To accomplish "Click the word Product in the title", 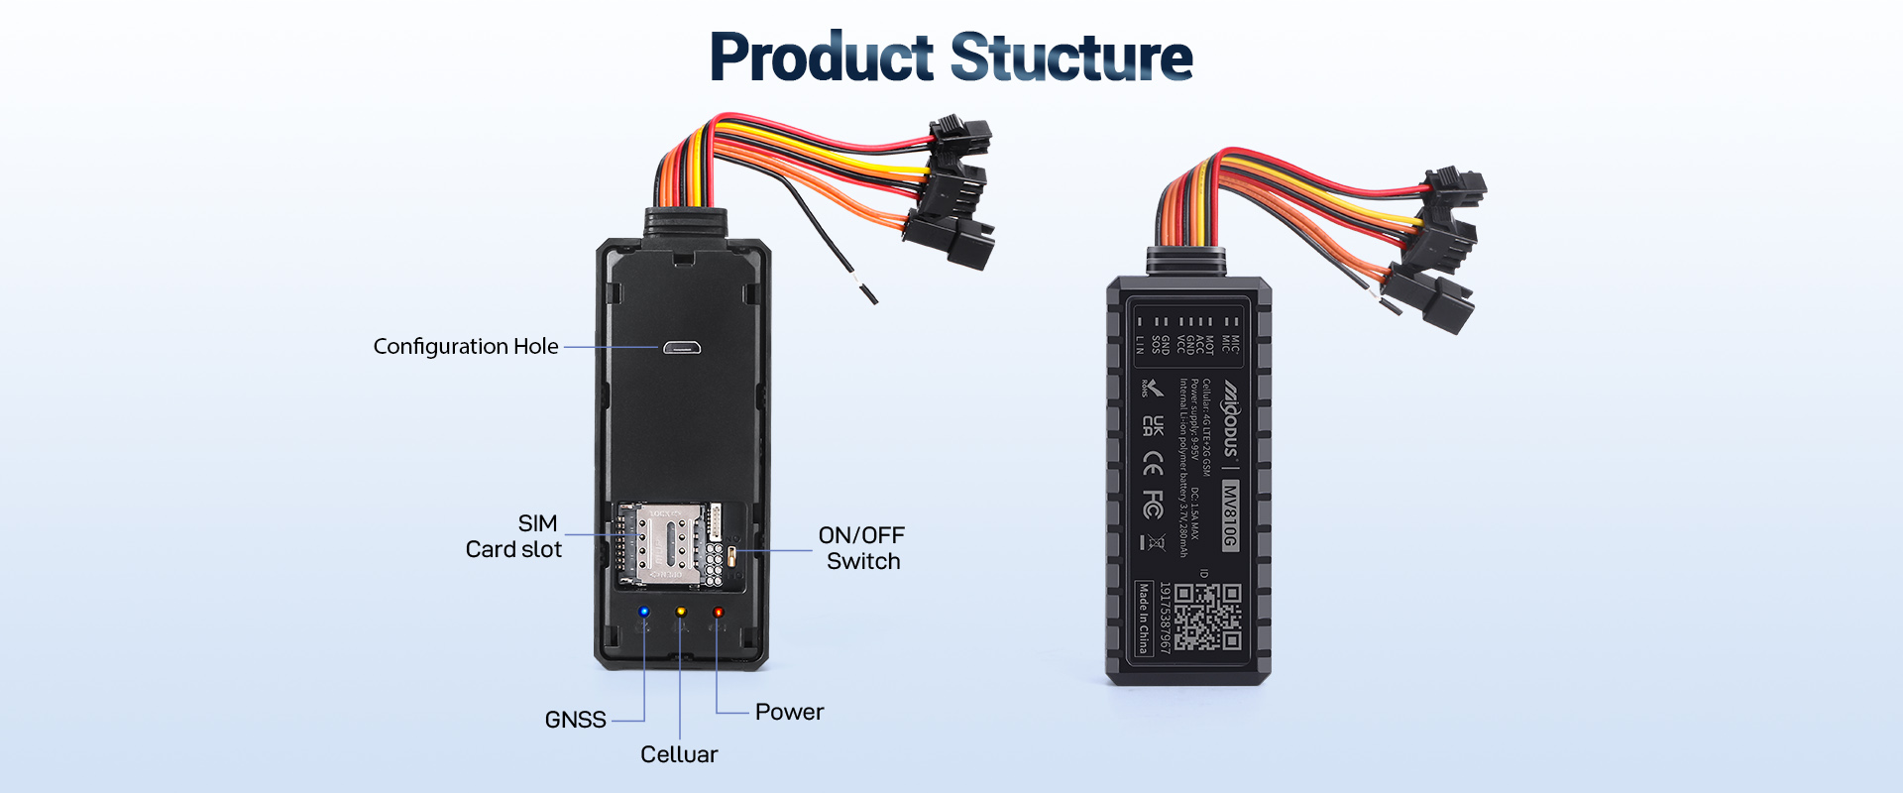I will click(821, 57).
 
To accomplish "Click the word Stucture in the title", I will click(1071, 57).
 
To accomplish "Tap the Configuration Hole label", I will click(465, 347).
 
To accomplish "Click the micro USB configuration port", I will click(682, 348).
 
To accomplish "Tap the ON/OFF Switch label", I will click(861, 548).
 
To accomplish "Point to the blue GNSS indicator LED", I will click(644, 613).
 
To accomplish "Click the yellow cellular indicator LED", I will click(681, 613).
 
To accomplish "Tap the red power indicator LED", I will click(718, 613).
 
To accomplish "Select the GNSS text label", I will click(575, 720).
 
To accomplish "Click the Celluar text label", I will click(679, 754).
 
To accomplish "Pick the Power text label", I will click(789, 712).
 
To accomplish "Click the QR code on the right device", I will click(1207, 616).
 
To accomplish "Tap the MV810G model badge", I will click(1230, 514).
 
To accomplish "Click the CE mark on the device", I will click(1152, 463).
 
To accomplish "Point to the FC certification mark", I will click(1152, 504).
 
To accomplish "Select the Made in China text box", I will click(1144, 618).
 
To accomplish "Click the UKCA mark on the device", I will click(1152, 425).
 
